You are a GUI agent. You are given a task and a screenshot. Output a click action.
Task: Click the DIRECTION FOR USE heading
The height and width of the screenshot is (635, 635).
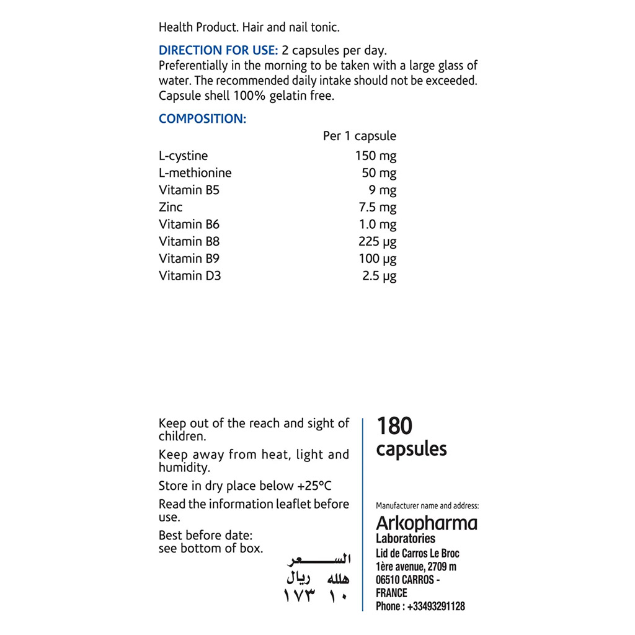(218, 51)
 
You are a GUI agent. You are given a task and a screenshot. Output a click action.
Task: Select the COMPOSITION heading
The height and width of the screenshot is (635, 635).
(202, 119)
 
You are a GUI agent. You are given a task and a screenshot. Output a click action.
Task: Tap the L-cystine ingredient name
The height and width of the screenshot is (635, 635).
(184, 156)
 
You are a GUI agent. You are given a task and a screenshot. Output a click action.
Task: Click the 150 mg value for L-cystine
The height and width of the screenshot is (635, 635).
(375, 156)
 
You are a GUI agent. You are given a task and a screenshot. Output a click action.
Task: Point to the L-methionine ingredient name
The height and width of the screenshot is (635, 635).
(195, 173)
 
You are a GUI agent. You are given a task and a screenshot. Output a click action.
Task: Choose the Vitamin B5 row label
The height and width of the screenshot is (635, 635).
(189, 190)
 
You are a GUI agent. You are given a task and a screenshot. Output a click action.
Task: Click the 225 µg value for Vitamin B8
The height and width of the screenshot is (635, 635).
(377, 242)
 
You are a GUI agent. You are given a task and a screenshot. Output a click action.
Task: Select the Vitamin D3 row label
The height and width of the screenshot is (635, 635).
(190, 276)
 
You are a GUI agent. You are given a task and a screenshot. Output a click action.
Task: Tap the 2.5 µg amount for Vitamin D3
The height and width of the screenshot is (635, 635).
(379, 276)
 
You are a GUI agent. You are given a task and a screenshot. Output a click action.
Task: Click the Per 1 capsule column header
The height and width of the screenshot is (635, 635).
(359, 136)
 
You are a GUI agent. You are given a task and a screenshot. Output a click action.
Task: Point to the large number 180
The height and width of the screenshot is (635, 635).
(394, 426)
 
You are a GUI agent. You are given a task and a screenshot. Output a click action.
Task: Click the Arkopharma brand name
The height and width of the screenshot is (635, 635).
(427, 523)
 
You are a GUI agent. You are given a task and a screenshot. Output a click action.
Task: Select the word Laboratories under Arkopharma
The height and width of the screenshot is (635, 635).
(406, 538)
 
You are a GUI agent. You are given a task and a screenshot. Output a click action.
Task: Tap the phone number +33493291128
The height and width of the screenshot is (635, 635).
(436, 606)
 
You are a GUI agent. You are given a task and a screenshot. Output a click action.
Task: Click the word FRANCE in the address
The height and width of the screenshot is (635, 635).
(391, 593)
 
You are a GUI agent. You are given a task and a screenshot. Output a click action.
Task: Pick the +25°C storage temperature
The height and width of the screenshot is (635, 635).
(312, 486)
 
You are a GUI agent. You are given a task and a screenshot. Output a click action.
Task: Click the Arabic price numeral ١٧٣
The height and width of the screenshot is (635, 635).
(300, 597)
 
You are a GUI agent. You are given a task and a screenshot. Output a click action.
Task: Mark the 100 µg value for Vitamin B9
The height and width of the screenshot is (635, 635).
(377, 259)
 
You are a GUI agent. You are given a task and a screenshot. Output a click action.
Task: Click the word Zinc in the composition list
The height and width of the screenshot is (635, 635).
(171, 207)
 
